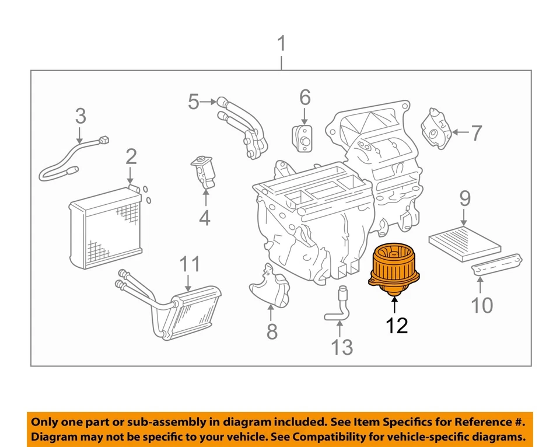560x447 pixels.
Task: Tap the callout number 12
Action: pyautogui.click(x=397, y=324)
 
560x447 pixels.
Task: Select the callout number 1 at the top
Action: pyautogui.click(x=282, y=44)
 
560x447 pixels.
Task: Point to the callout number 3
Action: pyautogui.click(x=80, y=116)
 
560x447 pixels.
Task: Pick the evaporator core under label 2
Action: pyautogui.click(x=105, y=228)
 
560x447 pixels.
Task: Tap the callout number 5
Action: pyautogui.click(x=194, y=102)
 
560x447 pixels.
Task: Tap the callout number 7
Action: pyautogui.click(x=477, y=133)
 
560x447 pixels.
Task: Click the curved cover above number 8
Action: pyautogui.click(x=271, y=286)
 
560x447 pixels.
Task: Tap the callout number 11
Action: pyautogui.click(x=189, y=264)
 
